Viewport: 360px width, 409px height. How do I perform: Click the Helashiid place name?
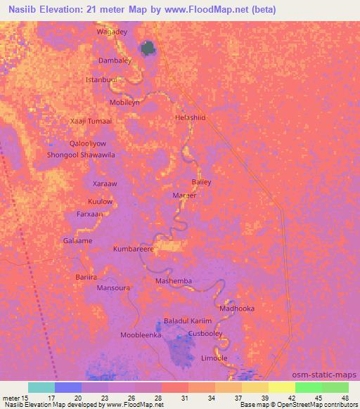[190, 118]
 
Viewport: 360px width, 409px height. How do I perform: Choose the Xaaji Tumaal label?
[91, 122]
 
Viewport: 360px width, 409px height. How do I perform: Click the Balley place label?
[201, 182]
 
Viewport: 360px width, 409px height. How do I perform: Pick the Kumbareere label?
[134, 249]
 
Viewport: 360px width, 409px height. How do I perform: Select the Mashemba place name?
[173, 281]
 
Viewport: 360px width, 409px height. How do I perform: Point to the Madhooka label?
[237, 308]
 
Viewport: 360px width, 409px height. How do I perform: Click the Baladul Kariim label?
[188, 320]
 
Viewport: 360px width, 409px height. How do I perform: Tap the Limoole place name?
[214, 358]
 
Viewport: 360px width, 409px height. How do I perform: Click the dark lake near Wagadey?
[148, 48]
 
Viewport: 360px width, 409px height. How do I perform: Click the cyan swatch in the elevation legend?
[41, 387]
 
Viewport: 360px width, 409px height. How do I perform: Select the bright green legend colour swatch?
[308, 387]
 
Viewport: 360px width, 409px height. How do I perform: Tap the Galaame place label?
[77, 240]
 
